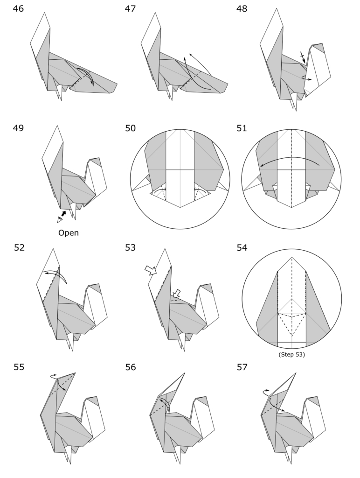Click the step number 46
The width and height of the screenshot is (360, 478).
coord(20,9)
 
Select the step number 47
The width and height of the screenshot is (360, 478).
coord(132,9)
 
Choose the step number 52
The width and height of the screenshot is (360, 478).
coord(20,248)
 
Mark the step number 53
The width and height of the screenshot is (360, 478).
coord(132,248)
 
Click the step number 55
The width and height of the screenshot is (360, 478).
coord(20,367)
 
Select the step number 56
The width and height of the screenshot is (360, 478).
coord(132,367)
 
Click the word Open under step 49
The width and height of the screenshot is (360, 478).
coord(69,232)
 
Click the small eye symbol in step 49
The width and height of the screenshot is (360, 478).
coord(60,219)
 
